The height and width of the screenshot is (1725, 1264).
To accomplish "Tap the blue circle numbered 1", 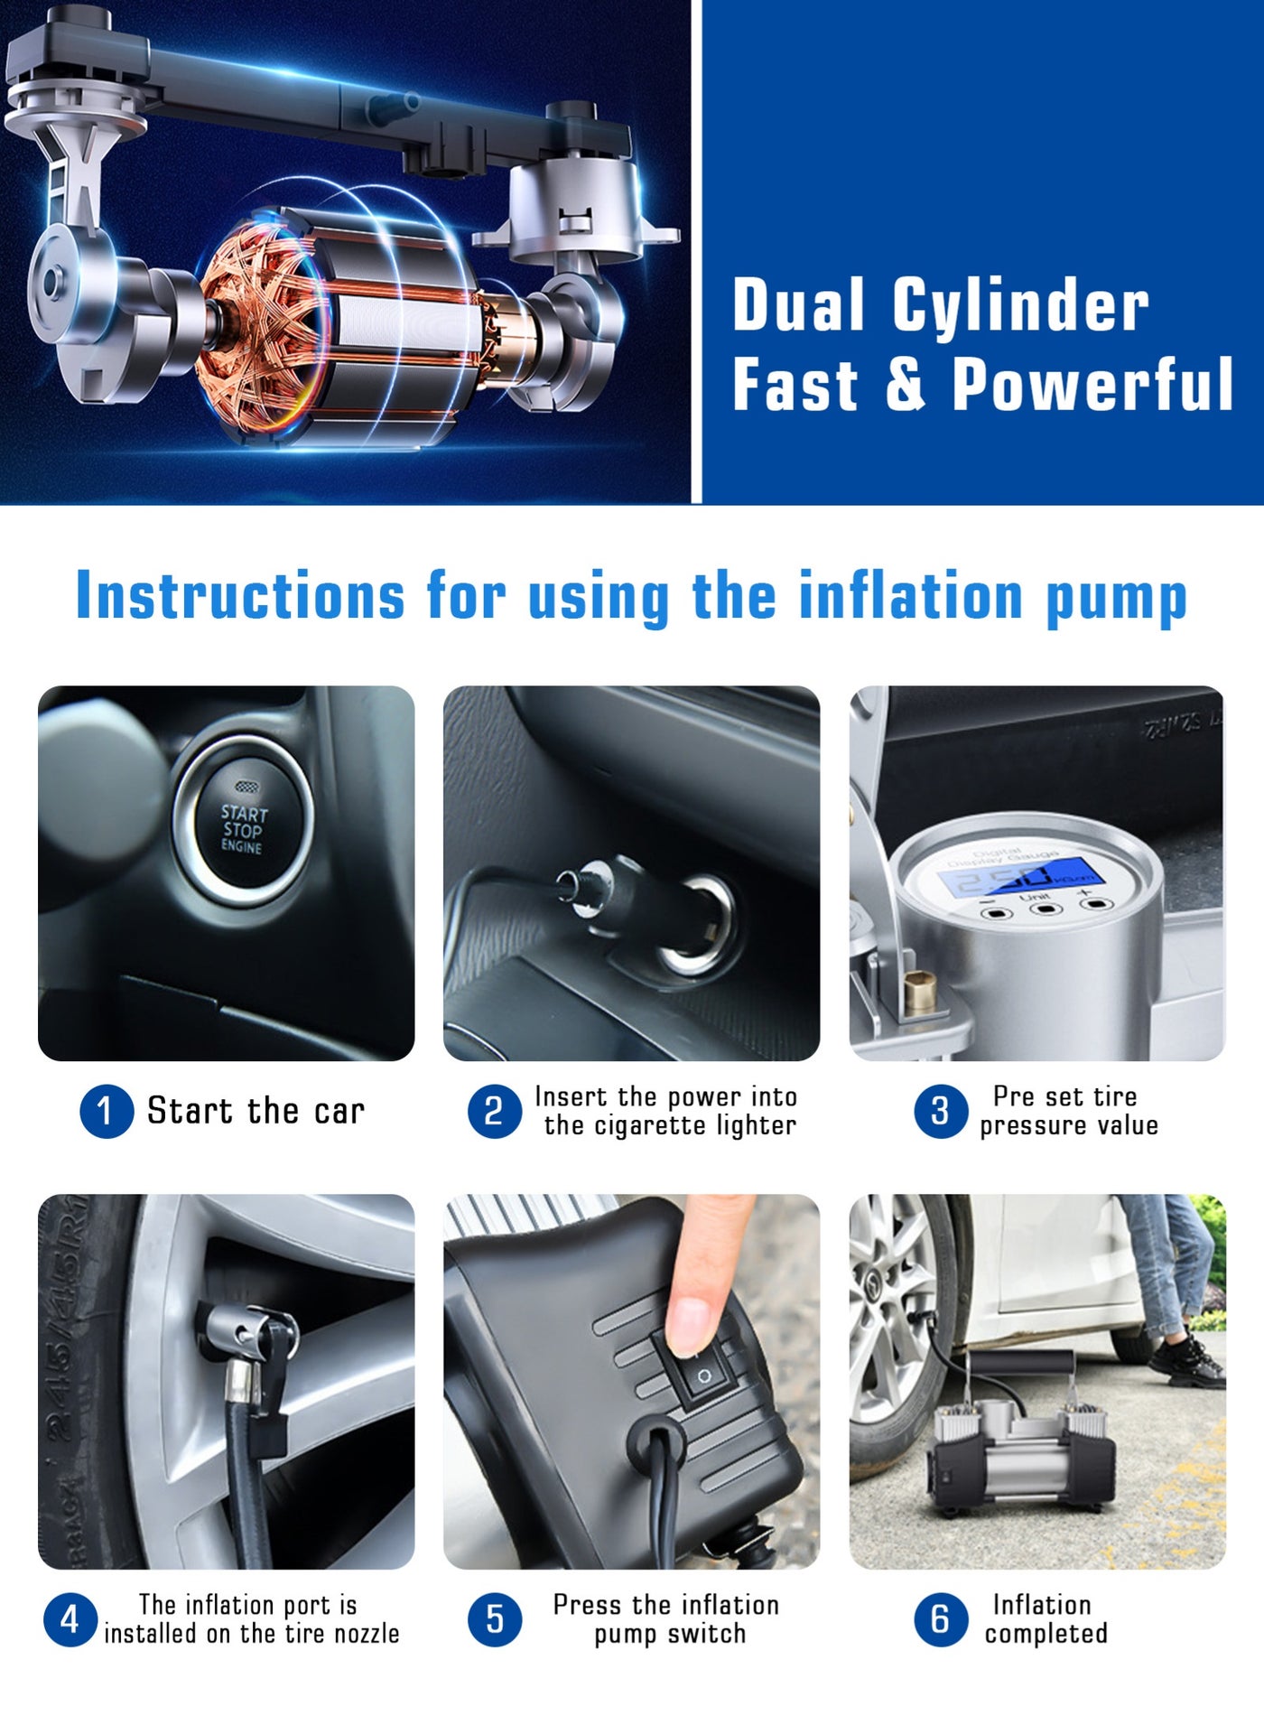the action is [x=107, y=1111].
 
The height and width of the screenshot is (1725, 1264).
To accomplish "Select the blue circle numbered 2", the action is [x=494, y=1111].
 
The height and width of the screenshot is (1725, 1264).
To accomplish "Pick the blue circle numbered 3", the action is [x=941, y=1111].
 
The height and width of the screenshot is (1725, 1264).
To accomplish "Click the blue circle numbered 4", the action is [x=70, y=1619].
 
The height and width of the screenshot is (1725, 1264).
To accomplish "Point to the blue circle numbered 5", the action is [x=495, y=1619].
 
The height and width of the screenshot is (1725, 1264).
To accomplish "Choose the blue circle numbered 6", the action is [x=941, y=1619].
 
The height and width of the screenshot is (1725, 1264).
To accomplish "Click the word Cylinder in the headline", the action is [x=1020, y=305].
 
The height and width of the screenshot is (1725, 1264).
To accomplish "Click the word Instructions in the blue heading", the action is [x=240, y=596].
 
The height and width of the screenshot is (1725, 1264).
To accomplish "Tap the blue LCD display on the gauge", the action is [x=1018, y=876].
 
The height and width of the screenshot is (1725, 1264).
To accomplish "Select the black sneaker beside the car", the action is [x=1192, y=1362].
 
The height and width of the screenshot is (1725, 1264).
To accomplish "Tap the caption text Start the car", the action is [x=256, y=1111].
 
